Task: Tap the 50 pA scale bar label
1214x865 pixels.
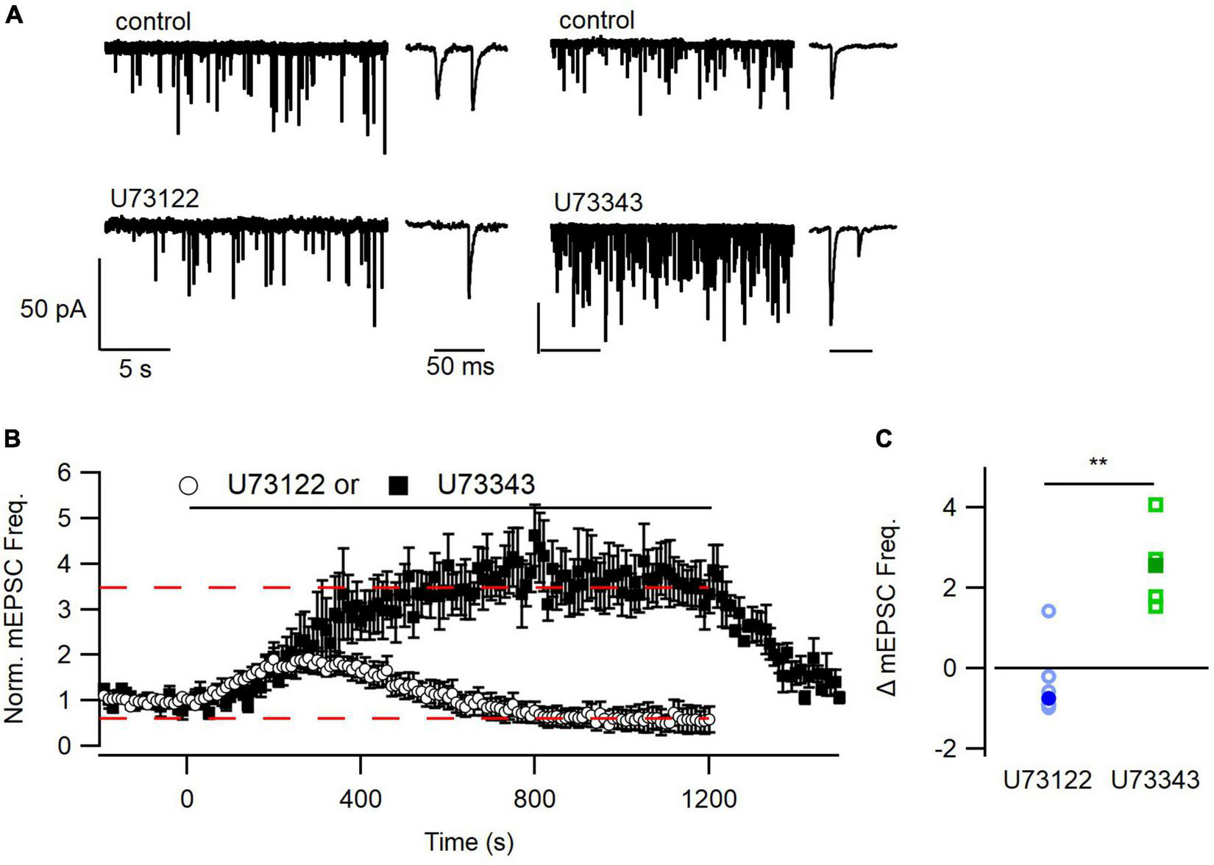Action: (x=53, y=309)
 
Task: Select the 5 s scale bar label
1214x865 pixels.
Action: (x=135, y=369)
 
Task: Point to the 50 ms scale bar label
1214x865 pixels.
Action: (x=460, y=366)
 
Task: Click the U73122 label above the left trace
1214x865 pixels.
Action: (x=155, y=199)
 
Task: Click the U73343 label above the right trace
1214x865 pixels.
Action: (x=598, y=202)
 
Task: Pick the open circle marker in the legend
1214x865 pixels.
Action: (x=189, y=486)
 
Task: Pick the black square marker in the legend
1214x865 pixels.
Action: (x=398, y=485)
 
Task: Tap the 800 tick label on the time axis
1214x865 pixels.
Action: (x=535, y=799)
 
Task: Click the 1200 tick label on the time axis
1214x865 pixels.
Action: (x=709, y=799)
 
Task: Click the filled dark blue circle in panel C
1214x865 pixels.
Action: (x=1048, y=697)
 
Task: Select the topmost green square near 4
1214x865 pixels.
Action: (x=1156, y=505)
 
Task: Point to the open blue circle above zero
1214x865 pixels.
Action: (x=1049, y=611)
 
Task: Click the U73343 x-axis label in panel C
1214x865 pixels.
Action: (x=1155, y=780)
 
